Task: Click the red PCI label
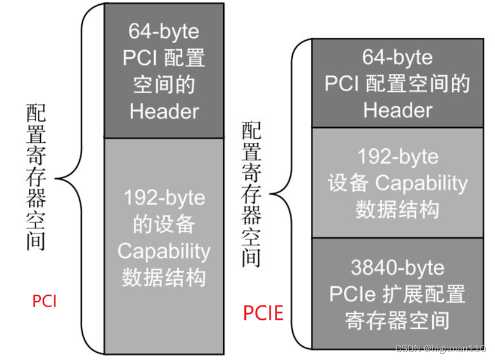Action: pyautogui.click(x=44, y=300)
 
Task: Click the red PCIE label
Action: pyautogui.click(x=263, y=313)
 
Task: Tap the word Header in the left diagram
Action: pyautogui.click(x=164, y=111)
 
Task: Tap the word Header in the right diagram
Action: pyautogui.click(x=397, y=110)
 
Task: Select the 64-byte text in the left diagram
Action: pyautogui.click(x=164, y=31)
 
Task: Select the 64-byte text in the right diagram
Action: pyautogui.click(x=397, y=58)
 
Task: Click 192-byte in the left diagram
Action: pyautogui.click(x=164, y=197)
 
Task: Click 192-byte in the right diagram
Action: pyautogui.click(x=397, y=157)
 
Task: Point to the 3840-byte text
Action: pyautogui.click(x=397, y=268)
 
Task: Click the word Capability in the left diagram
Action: pyautogui.click(x=164, y=251)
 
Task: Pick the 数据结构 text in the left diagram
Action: pyautogui.click(x=164, y=277)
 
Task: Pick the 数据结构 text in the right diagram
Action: pyautogui.click(x=397, y=209)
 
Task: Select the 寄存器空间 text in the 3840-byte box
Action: pyautogui.click(x=397, y=320)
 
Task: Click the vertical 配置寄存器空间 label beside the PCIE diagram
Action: pyautogui.click(x=252, y=194)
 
